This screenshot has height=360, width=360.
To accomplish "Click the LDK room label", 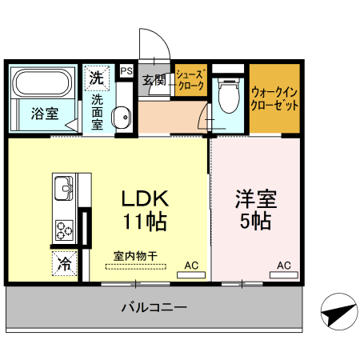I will pos(144,197).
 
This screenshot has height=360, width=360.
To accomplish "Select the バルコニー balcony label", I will pos(154,306).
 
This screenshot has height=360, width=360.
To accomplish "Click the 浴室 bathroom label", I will pos(44,114).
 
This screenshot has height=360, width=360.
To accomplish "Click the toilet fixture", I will pos(229,96).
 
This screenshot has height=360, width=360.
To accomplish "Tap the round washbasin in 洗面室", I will pos(122,118).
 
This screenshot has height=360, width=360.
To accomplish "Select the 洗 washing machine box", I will pos(96,78).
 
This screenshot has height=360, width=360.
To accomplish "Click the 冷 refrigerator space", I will pos(64,262).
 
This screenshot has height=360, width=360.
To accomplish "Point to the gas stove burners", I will pos(65,230).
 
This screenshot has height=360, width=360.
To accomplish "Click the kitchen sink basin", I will pos(63,189).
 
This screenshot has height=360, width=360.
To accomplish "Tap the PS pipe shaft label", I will pos(126,71).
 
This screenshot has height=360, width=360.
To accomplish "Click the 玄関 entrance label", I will pos(154,80).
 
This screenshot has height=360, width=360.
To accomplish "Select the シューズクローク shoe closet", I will pos(192,80).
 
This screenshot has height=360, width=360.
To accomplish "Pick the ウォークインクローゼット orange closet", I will pos(274,98).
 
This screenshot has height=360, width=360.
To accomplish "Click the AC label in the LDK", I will pos(191,264).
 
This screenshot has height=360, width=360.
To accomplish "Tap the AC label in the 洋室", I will pos(283,264).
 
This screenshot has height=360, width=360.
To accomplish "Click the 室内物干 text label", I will pos(135,256).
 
